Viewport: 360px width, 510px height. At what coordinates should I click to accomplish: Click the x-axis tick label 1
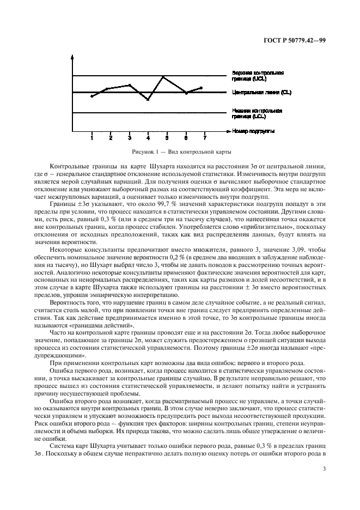(91, 138)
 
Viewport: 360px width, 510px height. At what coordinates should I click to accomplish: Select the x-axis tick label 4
(148, 138)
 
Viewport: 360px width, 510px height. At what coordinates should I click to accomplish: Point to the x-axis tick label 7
(204, 138)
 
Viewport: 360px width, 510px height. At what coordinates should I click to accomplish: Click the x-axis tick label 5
(167, 138)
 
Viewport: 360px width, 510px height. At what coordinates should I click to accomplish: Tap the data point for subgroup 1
(91, 96)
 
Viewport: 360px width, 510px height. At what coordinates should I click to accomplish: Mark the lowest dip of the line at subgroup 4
(148, 100)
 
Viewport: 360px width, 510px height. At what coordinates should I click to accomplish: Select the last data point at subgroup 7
(202, 87)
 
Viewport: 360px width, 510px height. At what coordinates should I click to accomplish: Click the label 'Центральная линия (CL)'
(261, 93)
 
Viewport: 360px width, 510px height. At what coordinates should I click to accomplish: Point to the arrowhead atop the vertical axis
(72, 56)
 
